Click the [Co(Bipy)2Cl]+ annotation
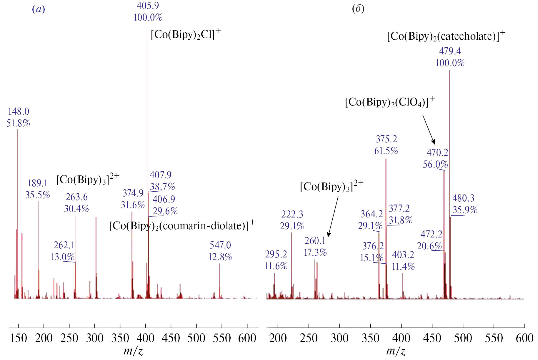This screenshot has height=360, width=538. (186, 34)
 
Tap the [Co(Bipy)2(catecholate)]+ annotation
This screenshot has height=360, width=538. (446, 36)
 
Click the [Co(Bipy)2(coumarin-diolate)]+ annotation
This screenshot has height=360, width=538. (182, 226)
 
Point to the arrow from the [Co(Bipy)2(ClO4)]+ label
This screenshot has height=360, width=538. (429, 129)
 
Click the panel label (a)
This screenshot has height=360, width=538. (39, 9)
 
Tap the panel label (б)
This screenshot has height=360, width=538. (358, 9)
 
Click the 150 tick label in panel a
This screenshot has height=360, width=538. (19, 338)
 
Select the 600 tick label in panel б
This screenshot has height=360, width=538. (524, 338)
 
